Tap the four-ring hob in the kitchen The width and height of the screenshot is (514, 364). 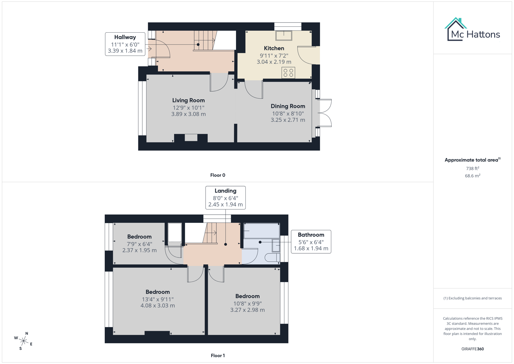pos(288,73)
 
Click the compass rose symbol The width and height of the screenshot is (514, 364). pos(23,341)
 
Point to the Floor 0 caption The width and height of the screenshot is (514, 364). pos(217,175)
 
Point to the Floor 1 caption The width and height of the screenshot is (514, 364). pos(217,356)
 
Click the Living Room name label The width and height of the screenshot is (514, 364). pos(188,100)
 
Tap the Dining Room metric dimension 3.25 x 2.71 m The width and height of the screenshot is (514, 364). pos(288,120)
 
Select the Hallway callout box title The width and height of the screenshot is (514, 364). pos(125,37)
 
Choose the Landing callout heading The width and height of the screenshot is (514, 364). pos(225,191)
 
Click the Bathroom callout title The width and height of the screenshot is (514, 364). pos(311,235)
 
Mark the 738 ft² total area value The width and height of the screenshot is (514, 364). pos(472,169)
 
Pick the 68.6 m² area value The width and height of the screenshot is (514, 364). pos(472,176)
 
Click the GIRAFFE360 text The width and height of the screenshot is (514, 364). pos(472,349)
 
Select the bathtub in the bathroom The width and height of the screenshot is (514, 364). pos(261,231)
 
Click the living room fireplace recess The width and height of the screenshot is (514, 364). pos(191,138)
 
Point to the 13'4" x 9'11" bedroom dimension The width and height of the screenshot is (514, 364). pos(158,299)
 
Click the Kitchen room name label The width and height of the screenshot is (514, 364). pos(274,49)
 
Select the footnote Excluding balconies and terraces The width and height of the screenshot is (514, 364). pos(472,298)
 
